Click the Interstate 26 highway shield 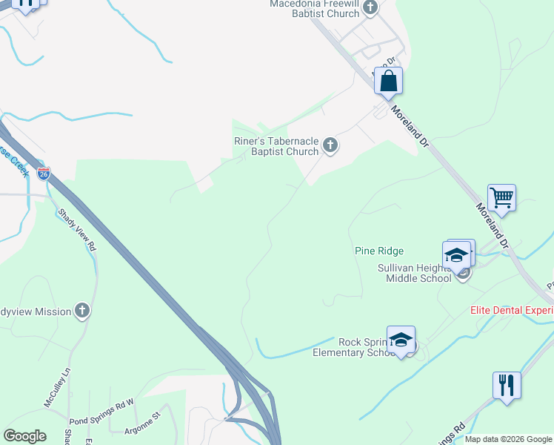click(x=44, y=174)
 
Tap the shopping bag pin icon click(x=388, y=81)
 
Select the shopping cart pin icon click(x=501, y=198)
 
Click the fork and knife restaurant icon click(x=507, y=386)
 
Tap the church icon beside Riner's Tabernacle click(x=330, y=146)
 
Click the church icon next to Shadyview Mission click(x=82, y=311)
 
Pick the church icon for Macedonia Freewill click(x=370, y=7)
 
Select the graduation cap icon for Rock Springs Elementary click(x=401, y=340)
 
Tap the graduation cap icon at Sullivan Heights click(x=457, y=255)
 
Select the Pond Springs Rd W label click(x=101, y=403)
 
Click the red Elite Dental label click(x=512, y=311)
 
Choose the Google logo click(x=24, y=436)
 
